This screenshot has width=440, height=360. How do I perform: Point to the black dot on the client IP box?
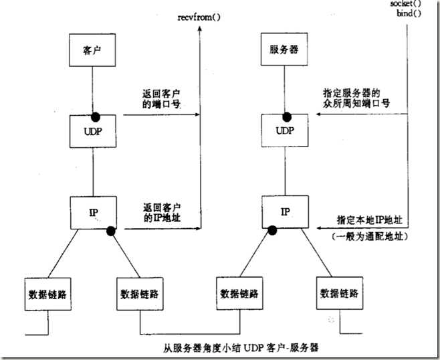[x=108, y=231]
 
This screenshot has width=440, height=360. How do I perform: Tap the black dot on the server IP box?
[x=271, y=231]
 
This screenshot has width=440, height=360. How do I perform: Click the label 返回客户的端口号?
[x=157, y=100]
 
